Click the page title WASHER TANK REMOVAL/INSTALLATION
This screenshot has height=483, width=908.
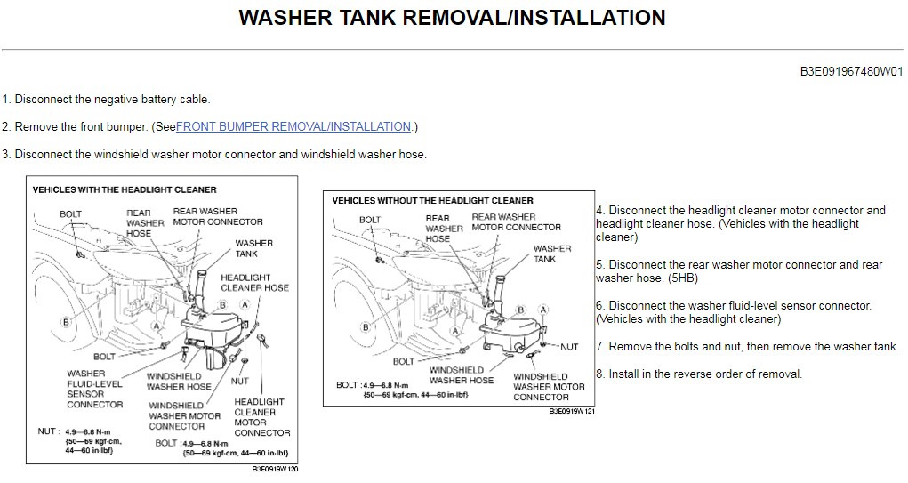coord(452,18)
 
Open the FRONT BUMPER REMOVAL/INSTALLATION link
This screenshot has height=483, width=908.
coord(293,127)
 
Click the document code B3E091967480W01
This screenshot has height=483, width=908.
coord(851,73)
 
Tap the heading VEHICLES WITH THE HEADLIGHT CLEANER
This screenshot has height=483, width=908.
coord(125,189)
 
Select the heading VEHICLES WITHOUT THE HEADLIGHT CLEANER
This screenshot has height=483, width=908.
coord(432,201)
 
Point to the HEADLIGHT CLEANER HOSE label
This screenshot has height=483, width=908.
coord(254,283)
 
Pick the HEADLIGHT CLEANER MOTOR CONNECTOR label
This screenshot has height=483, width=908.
coord(261,417)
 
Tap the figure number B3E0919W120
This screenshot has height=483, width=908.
coord(274,469)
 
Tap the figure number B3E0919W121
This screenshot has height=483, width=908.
coord(571,412)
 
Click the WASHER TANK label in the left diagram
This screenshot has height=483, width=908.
coord(253,248)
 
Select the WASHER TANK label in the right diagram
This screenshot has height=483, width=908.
coord(552,254)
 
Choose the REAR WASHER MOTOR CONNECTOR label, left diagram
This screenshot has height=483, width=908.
coord(218,216)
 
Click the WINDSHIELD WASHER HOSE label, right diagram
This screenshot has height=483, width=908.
coord(461,374)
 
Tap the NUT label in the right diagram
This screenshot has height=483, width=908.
coord(569,347)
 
